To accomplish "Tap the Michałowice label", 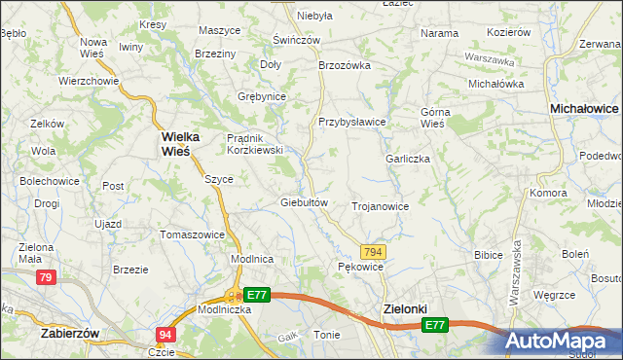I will pyautogui.click(x=584, y=111).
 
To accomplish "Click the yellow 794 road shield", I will pyautogui.click(x=375, y=252).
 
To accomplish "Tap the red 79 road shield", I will pyautogui.click(x=45, y=278).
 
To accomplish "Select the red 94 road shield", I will pyautogui.click(x=165, y=335).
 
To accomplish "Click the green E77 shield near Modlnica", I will pyautogui.click(x=256, y=294).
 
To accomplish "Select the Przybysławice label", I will pyautogui.click(x=352, y=123).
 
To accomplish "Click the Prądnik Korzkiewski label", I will pyautogui.click(x=254, y=144).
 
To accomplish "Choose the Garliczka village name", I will pyautogui.click(x=407, y=159).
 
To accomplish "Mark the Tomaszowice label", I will pyautogui.click(x=192, y=234).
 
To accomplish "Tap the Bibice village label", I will pyautogui.click(x=487, y=255).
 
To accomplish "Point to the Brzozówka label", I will pyautogui.click(x=346, y=65).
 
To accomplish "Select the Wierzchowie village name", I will pyautogui.click(x=88, y=81).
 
